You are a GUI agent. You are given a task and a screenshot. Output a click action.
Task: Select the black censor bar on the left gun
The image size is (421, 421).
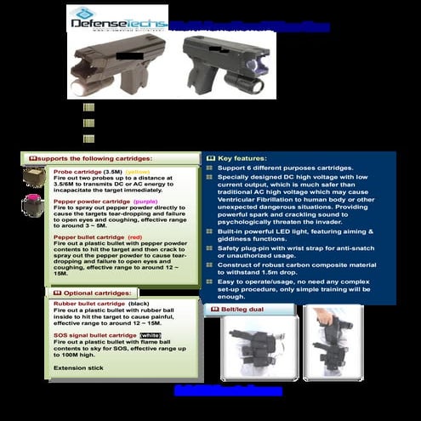point(130,56)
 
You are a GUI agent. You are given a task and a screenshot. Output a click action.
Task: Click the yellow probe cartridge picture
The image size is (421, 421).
point(35,177)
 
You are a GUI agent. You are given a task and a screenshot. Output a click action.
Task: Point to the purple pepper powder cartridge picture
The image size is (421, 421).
point(35,207)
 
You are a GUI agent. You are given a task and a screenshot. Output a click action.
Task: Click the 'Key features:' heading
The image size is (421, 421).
point(242,158)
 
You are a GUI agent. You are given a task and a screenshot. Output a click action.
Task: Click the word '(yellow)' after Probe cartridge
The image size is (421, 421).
point(137,171)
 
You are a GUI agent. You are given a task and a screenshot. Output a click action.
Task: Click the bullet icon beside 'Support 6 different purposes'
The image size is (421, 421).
point(209,168)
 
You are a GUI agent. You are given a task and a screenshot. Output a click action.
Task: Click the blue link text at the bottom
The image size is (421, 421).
point(227,390)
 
